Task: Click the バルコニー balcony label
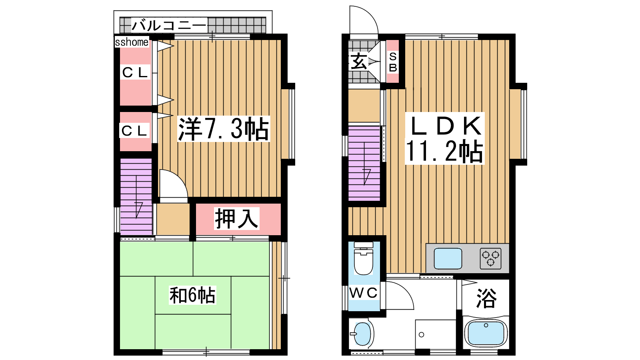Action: (169, 26)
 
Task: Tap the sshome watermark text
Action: (132, 42)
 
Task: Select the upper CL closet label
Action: (134, 72)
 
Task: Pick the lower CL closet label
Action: (134, 130)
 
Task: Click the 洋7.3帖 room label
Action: (224, 129)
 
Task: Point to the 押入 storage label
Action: (237, 218)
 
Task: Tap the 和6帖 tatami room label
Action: (192, 295)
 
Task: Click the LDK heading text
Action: (446, 126)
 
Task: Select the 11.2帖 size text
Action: (444, 151)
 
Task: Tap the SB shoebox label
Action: (393, 62)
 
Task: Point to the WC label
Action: (364, 292)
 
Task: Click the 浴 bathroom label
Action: (486, 298)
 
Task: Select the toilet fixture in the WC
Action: (364, 258)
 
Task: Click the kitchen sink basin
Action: (448, 258)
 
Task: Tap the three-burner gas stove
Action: (490, 258)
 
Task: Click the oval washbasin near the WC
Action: (362, 334)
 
